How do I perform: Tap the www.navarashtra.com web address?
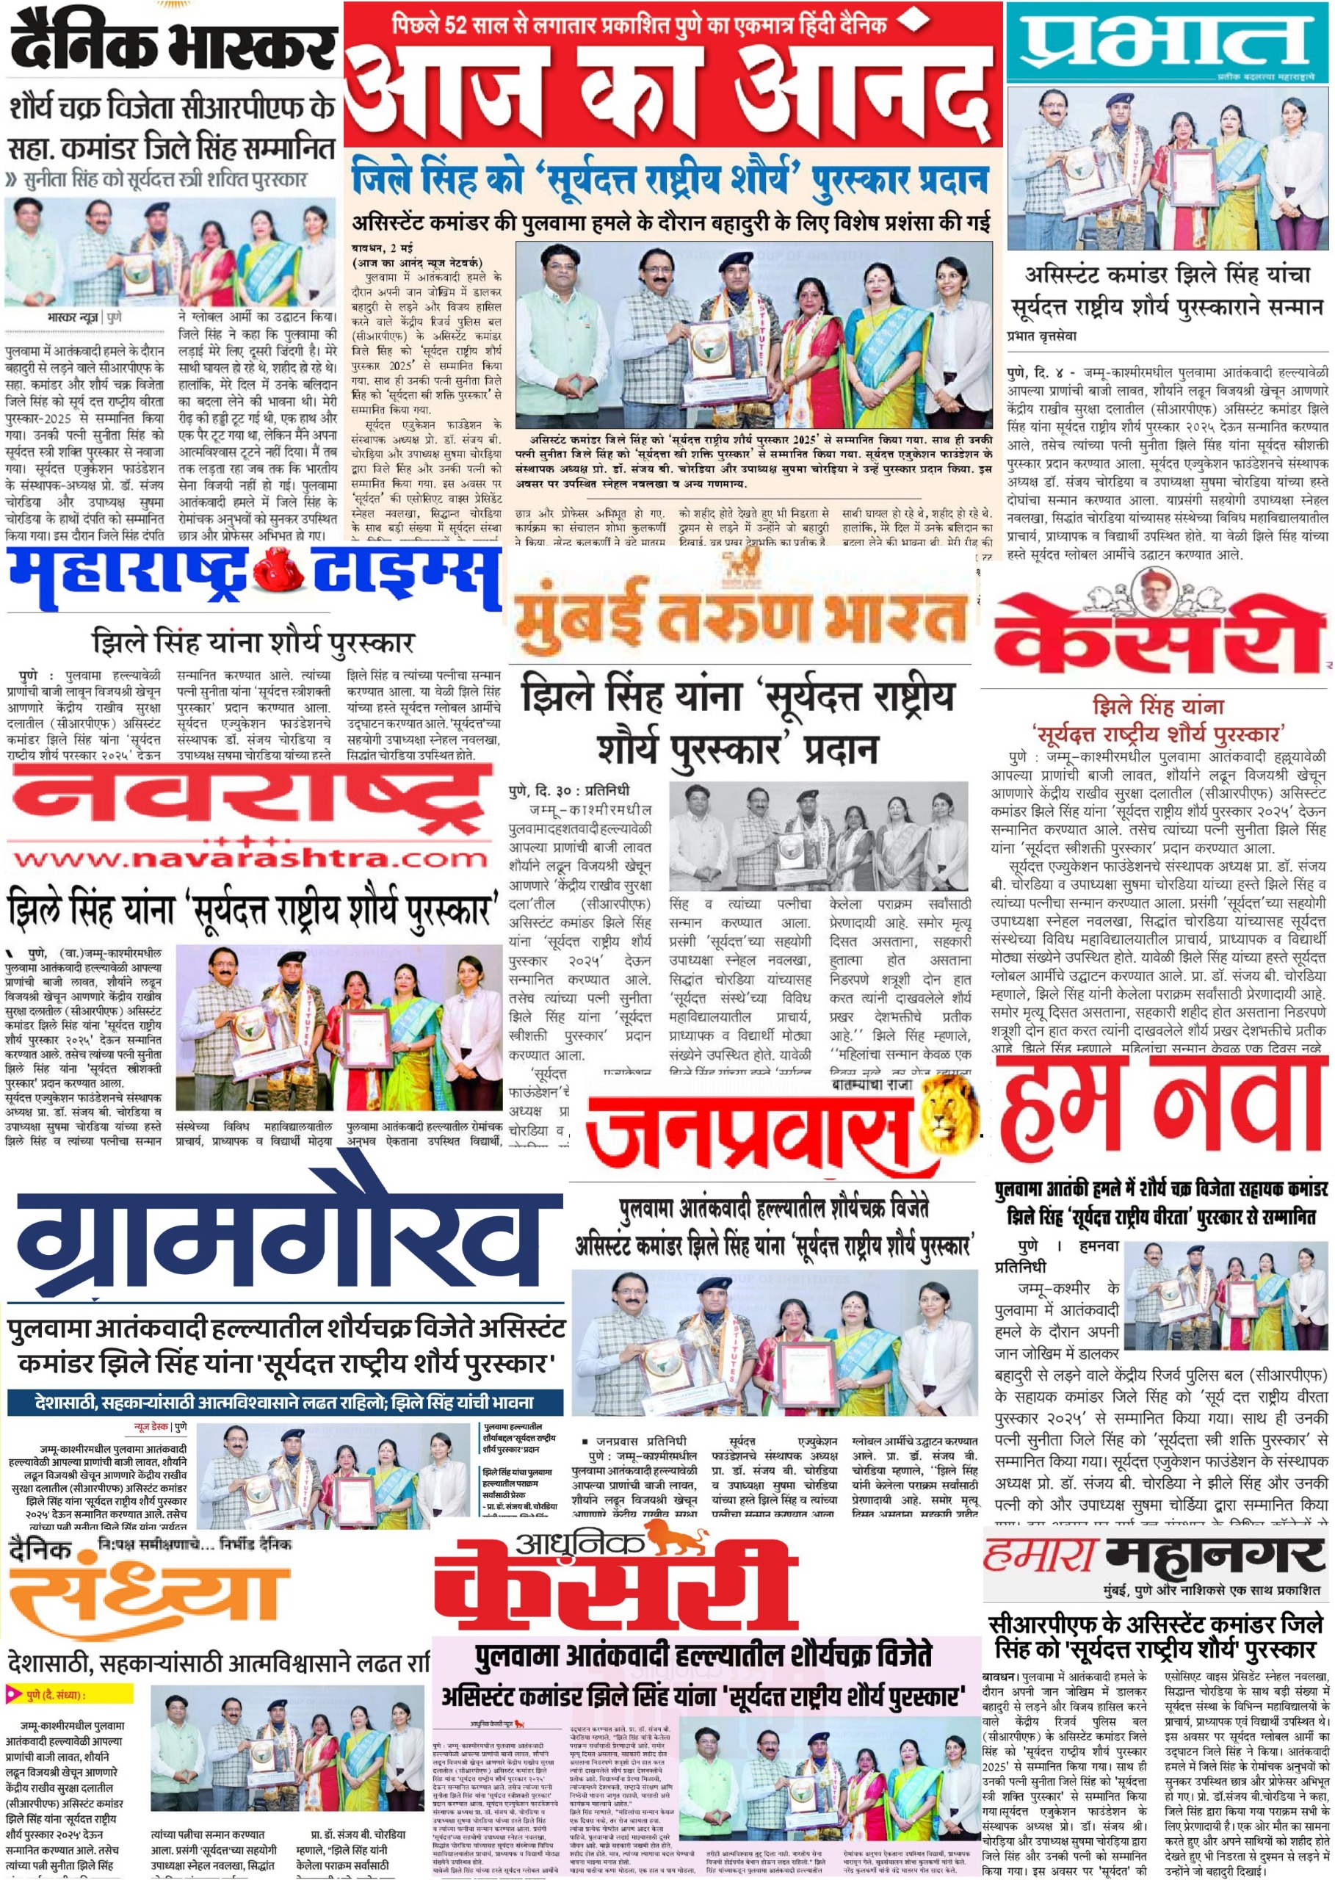pyautogui.click(x=249, y=860)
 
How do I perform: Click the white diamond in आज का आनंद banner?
pyautogui.click(x=908, y=23)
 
